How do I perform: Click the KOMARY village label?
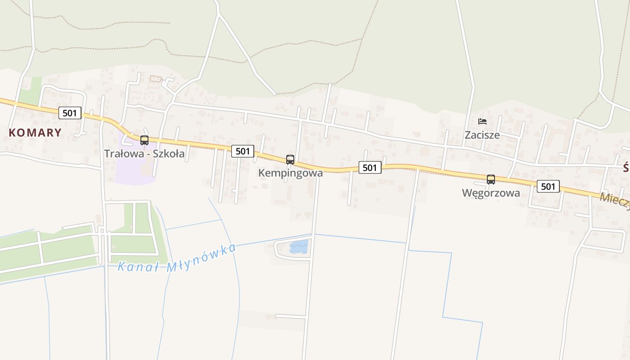[35, 132]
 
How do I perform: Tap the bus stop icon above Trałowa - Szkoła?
[144, 140]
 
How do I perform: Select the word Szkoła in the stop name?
[168, 153]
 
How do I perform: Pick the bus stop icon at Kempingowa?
[290, 159]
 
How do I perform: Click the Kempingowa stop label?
[290, 173]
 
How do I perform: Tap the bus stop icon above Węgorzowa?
[491, 179]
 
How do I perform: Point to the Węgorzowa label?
[491, 193]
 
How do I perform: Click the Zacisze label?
[482, 135]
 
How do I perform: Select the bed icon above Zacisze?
[482, 121]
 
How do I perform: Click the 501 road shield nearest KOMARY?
[70, 112]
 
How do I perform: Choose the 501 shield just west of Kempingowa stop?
[243, 151]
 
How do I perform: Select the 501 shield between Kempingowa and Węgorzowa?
[370, 167]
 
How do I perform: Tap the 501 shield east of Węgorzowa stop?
[548, 186]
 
